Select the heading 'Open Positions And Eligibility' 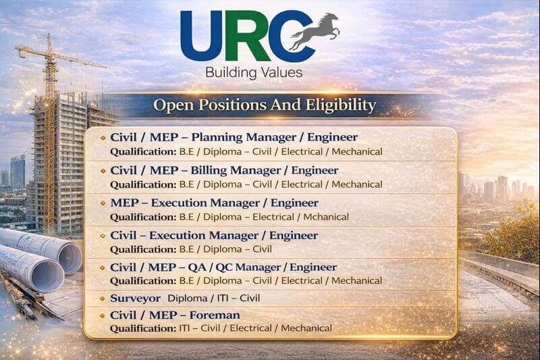pyautogui.click(x=264, y=105)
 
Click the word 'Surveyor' pyautogui.click(x=135, y=298)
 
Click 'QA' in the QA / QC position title pyautogui.click(x=196, y=267)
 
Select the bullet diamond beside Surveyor pyautogui.click(x=103, y=298)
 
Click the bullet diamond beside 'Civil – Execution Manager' pyautogui.click(x=103, y=235)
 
